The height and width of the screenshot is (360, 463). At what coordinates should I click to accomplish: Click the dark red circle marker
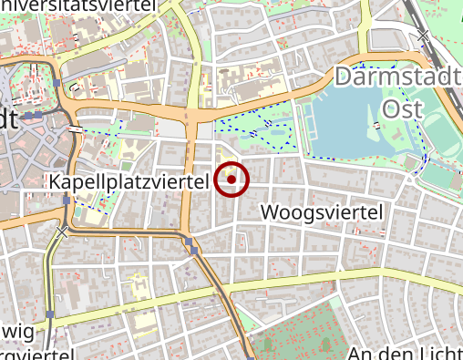(232, 180)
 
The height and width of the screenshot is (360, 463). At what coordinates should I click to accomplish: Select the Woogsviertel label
(324, 213)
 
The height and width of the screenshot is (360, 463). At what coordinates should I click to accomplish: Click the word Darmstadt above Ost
(397, 78)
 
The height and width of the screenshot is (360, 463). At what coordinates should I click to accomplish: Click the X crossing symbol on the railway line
(423, 36)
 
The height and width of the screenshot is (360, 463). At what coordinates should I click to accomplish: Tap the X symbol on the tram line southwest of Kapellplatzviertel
(62, 233)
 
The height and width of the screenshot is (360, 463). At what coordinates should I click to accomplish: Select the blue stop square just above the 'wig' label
(51, 314)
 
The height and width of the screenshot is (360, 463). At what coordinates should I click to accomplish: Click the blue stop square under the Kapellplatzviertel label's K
(67, 199)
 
